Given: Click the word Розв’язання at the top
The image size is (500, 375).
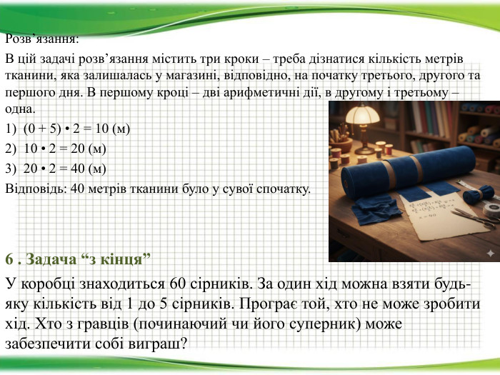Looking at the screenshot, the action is coord(41,39).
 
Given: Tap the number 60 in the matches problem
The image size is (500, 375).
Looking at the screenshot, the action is coord(178,283).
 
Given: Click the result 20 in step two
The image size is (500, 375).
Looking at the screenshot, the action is coord(77,149).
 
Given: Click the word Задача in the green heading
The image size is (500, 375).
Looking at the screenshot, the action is coord(51,259).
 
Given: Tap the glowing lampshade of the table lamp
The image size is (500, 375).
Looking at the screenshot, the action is coord(363,114).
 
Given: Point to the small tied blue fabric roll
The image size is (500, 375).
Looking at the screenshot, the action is coord(479,194).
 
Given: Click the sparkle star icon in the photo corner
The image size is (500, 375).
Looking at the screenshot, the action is coord(490,254).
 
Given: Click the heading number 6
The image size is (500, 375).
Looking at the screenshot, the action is coord(9,259).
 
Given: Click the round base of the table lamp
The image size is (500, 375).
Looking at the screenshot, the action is coord(364,151).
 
